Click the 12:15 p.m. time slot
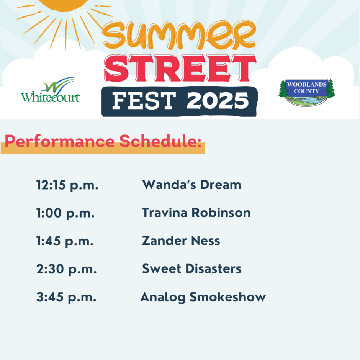[67, 185]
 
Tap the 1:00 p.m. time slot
[65, 213]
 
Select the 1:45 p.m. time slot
[65, 241]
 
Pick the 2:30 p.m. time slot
[67, 269]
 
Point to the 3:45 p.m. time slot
[66, 297]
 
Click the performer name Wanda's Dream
[192, 185]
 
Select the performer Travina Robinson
[196, 213]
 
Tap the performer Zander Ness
[181, 241]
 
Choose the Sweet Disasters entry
[192, 268]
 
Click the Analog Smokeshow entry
[203, 297]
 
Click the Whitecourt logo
[51, 90]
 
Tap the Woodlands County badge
[306, 92]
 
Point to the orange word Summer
[178, 35]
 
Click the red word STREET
[180, 68]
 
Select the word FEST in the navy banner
[144, 101]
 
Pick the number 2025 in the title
[218, 101]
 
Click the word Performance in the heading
[59, 141]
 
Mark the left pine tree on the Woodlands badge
[283, 88]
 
